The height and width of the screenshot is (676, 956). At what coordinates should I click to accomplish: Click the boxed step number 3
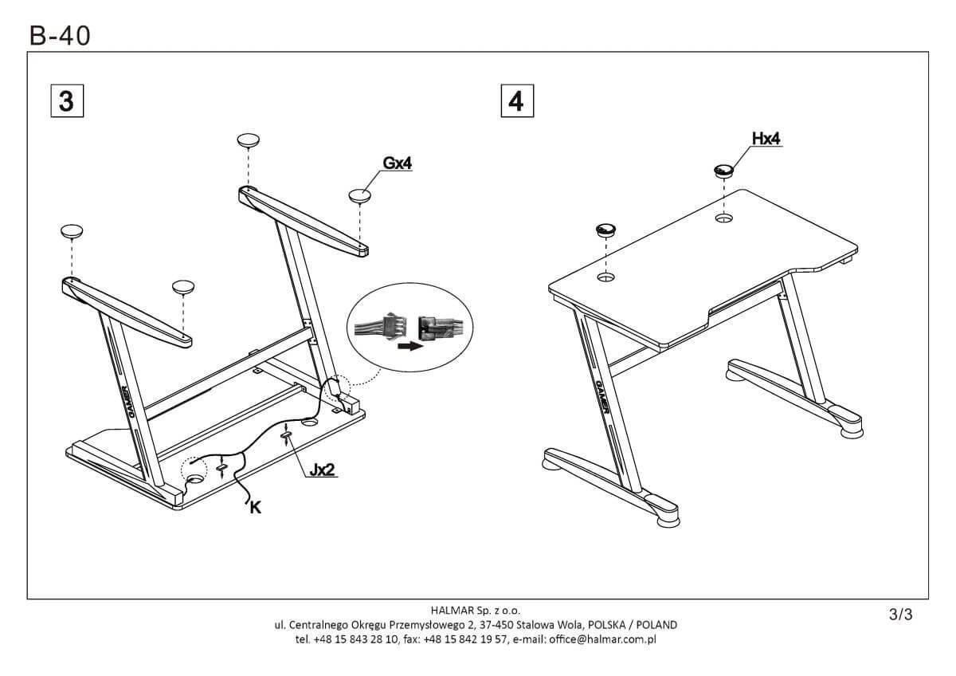point(67,101)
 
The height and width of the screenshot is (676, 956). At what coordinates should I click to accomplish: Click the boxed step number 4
point(516,101)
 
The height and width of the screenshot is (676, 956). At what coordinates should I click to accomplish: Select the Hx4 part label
point(766,139)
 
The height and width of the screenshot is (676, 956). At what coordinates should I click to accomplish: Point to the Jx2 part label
point(321,470)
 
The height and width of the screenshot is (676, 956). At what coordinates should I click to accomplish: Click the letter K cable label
point(255,506)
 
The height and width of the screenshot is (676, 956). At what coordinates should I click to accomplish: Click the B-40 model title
point(60,35)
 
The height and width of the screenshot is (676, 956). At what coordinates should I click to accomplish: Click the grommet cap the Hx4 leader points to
point(724,170)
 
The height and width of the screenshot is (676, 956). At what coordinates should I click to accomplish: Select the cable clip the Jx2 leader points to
point(287,436)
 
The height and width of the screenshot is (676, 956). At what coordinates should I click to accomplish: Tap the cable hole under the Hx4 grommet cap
point(724,218)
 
